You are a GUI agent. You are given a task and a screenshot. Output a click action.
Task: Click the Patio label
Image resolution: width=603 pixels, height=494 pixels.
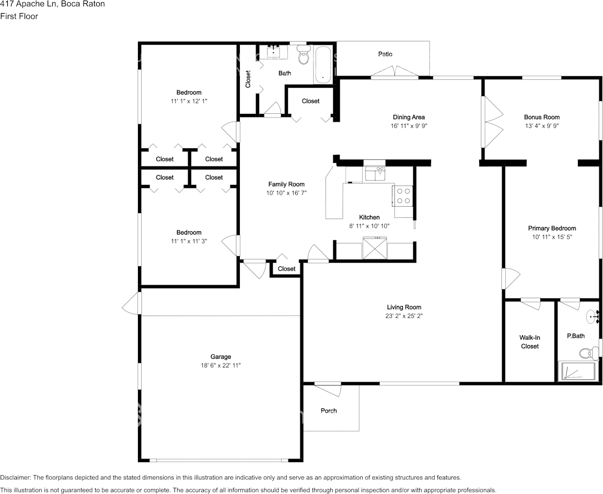pos(385,54)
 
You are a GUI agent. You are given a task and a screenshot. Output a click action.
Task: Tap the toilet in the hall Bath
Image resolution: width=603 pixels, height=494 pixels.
pos(304,55)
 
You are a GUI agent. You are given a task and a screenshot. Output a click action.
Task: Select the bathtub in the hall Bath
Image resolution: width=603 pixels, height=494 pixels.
pos(323,65)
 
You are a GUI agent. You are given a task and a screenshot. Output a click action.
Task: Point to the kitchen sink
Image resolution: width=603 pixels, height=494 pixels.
pos(375,173)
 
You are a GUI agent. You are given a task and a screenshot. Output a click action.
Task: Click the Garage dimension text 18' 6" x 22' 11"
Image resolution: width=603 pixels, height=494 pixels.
pos(221,365)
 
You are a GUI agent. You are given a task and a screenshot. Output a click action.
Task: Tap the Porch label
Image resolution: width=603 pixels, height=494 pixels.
pos(329,410)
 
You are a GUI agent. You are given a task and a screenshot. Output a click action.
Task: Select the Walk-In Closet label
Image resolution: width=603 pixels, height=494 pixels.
pos(529,342)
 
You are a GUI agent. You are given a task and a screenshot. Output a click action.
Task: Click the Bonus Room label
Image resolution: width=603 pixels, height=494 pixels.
pos(542,117)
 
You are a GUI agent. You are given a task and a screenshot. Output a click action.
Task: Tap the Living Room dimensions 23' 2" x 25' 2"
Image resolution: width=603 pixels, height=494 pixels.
pos(404,316)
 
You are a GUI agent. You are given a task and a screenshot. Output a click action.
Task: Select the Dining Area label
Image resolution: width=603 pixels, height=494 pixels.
pos(409,117)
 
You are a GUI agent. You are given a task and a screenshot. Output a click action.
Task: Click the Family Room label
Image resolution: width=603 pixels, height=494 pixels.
pos(286,184)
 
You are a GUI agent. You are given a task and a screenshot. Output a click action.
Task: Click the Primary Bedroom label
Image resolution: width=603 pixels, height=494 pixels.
pos(552,228)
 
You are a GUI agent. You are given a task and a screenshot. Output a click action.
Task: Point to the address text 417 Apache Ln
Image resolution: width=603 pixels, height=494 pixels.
pos(28,4)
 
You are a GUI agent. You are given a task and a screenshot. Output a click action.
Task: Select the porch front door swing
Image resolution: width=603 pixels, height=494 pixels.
pos(328,389)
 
